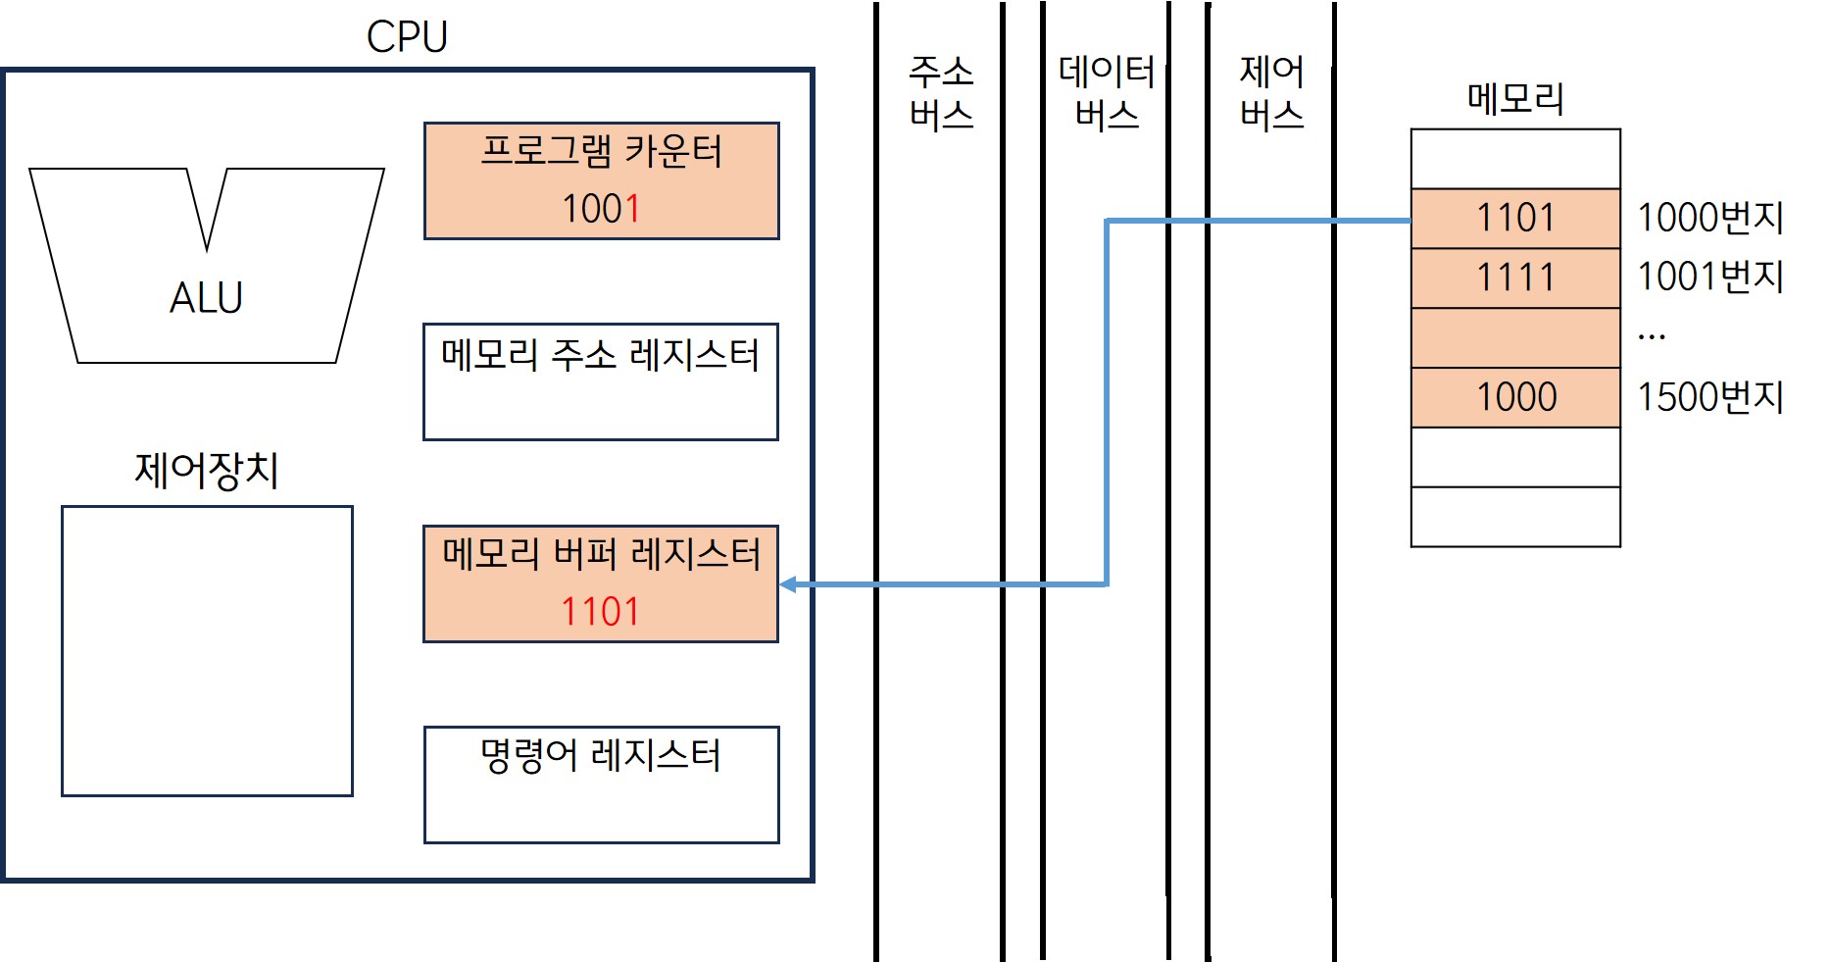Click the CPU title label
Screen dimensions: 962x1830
(407, 37)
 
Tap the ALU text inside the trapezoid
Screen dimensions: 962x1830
(206, 297)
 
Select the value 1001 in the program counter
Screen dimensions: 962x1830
(601, 209)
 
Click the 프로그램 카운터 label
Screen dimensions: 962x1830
(601, 152)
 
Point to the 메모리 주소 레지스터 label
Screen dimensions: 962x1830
(600, 354)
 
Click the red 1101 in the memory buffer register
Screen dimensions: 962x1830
(600, 612)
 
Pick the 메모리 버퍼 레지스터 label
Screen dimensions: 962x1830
(601, 554)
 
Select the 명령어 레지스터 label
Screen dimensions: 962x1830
(601, 756)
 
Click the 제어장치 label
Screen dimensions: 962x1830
(207, 470)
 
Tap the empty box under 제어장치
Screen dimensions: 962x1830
(207, 651)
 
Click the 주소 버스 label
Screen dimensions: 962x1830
(941, 93)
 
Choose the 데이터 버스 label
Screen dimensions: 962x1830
(1107, 93)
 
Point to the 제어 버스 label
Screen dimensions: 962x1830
(1271, 93)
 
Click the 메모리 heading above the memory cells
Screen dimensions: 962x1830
(1515, 98)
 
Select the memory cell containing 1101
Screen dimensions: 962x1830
(1515, 218)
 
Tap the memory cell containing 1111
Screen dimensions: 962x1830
(1515, 278)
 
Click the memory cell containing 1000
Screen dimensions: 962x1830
(1515, 397)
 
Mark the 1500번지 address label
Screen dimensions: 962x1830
(1710, 397)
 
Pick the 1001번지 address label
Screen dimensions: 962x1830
(1710, 278)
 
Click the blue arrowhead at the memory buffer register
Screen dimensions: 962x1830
(787, 584)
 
